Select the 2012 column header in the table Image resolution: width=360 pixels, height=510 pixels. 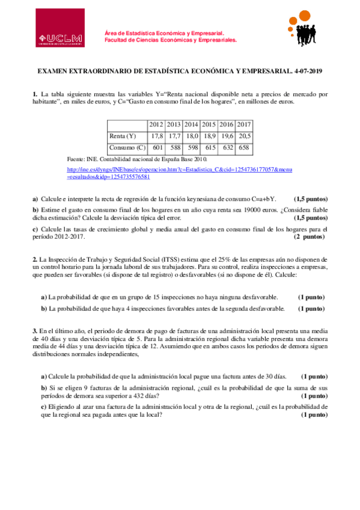click(x=156, y=125)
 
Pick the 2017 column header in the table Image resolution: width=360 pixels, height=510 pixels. click(x=244, y=125)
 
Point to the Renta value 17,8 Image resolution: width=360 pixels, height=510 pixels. click(x=157, y=136)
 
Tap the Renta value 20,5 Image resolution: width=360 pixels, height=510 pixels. click(x=244, y=136)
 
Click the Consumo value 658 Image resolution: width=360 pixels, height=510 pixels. click(x=245, y=147)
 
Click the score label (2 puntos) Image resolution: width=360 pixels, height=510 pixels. click(x=310, y=237)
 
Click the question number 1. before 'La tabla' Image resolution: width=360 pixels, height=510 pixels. click(x=35, y=94)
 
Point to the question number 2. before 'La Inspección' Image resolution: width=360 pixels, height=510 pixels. click(x=35, y=259)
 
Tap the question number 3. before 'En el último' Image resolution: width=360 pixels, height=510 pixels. click(x=35, y=331)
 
